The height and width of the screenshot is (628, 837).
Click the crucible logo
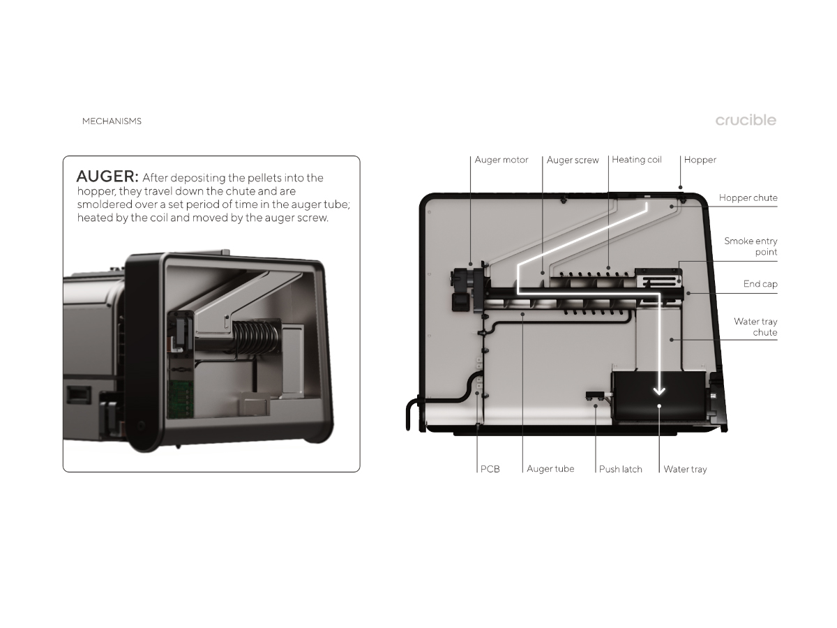(746, 120)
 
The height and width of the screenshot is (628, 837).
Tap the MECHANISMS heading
(112, 121)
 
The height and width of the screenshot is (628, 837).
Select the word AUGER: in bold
(107, 177)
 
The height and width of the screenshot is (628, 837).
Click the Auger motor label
(501, 160)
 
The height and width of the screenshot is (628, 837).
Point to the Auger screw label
(573, 160)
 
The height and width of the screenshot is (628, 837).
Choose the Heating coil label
(636, 160)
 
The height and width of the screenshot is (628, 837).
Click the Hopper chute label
(748, 198)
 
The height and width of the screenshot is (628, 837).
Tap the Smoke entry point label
(751, 246)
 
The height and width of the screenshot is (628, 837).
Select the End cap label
(760, 284)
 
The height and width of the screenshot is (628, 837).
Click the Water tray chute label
(755, 327)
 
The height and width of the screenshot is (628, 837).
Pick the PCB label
(490, 469)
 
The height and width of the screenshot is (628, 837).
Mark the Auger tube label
(550, 469)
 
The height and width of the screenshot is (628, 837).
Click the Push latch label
(620, 469)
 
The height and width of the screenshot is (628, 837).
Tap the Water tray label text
(685, 469)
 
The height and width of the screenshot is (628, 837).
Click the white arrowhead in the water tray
(659, 391)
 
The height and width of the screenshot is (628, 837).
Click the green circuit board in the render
(181, 398)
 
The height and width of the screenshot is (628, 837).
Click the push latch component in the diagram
(597, 396)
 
